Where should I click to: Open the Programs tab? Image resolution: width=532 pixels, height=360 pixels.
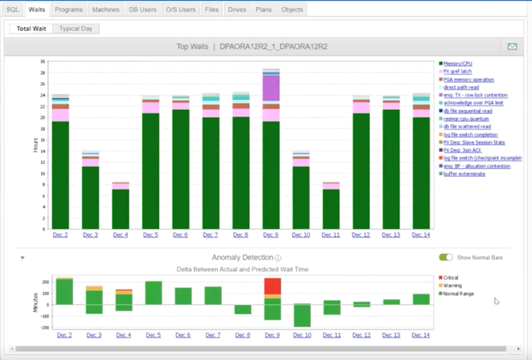click(x=69, y=9)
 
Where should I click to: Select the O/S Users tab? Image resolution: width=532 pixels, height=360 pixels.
click(x=180, y=9)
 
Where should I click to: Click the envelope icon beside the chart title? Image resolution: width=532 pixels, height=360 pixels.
click(x=512, y=47)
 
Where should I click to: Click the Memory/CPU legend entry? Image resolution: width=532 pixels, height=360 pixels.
click(x=457, y=63)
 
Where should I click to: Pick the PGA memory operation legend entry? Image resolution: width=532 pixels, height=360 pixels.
click(x=468, y=79)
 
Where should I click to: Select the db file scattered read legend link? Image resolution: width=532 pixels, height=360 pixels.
click(x=467, y=127)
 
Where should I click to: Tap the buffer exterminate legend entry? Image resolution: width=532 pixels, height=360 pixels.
click(x=464, y=174)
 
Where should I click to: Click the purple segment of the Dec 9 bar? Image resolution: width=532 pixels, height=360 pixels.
click(x=271, y=88)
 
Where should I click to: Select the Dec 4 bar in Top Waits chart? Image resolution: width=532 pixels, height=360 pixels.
click(x=121, y=207)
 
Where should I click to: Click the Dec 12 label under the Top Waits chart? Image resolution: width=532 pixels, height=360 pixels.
click(x=361, y=235)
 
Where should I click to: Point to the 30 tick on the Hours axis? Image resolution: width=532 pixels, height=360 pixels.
click(x=42, y=62)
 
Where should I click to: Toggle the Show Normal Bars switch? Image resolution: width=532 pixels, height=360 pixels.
click(x=446, y=258)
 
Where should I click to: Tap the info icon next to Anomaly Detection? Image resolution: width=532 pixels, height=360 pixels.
click(x=278, y=258)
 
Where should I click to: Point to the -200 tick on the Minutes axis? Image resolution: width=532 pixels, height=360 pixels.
click(x=43, y=327)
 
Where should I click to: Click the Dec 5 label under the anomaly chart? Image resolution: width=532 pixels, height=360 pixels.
click(x=153, y=336)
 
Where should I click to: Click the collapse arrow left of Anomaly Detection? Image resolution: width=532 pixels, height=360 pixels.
click(x=22, y=258)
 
